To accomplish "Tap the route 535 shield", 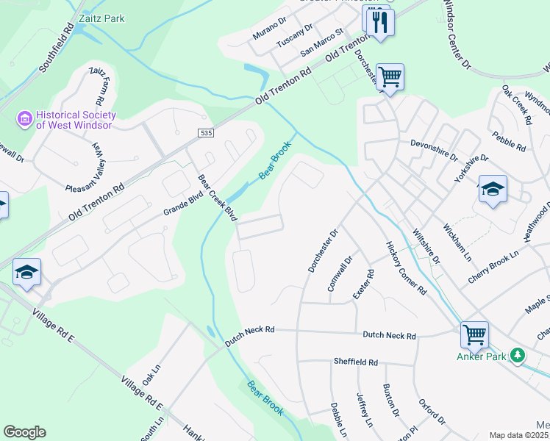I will coord(205,132).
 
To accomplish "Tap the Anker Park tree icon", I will coord(518,356).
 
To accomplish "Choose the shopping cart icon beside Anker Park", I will coord(474,334).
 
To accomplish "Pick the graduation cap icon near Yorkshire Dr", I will coord(492,188).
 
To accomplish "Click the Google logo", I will coord(24,432).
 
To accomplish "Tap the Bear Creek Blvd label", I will coord(218,198).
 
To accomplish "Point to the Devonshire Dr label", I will coord(434,145).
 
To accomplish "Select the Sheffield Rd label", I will coord(355,362).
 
